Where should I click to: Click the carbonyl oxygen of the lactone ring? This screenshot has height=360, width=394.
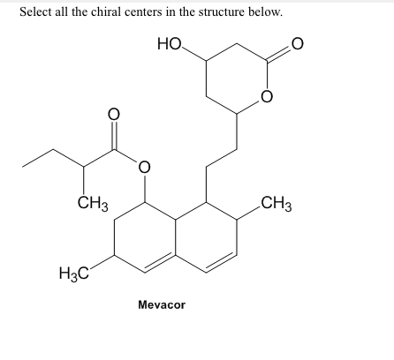click(297, 44)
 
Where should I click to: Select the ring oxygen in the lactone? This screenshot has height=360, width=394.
click(267, 96)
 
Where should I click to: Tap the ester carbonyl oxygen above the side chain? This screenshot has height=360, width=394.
click(114, 114)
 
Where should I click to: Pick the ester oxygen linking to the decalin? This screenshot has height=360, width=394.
click(144, 167)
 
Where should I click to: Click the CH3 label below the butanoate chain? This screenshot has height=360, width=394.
click(93, 204)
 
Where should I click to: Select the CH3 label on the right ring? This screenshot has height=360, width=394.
click(277, 204)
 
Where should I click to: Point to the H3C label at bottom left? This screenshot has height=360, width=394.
click(74, 273)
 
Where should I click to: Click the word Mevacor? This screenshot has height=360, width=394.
click(162, 304)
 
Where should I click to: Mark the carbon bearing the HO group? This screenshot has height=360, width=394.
click(206, 61)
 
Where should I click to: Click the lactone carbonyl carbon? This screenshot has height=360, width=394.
click(267, 61)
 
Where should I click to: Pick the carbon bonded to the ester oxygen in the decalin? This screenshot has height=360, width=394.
click(144, 202)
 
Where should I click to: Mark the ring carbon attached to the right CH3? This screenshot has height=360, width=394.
click(237, 220)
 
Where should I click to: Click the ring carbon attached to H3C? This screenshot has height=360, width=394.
click(114, 255)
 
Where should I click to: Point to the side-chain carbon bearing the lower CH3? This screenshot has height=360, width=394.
click(83, 167)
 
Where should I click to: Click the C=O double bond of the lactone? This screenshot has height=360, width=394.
click(279, 54)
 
